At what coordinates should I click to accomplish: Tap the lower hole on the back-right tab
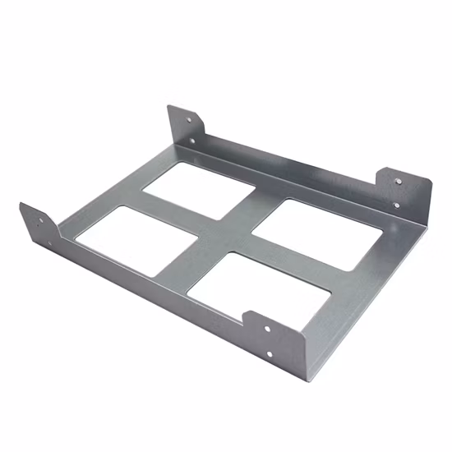click(397, 205)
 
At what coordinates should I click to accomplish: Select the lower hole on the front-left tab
click(48, 242)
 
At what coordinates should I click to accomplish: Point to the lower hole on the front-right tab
click(269, 355)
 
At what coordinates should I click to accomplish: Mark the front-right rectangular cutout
click(261, 284)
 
